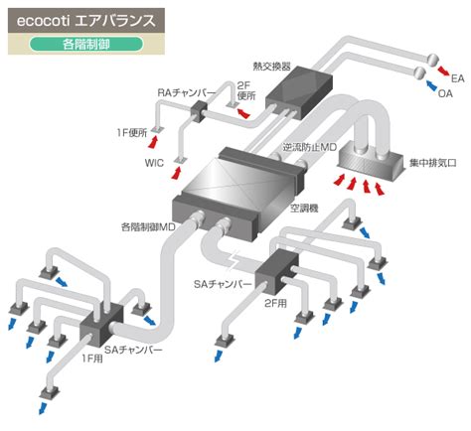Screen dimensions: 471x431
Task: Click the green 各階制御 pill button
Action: pyautogui.click(x=86, y=44)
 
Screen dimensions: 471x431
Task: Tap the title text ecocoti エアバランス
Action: pyautogui.click(x=86, y=21)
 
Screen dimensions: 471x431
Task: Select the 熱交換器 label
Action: pyautogui.click(x=271, y=67)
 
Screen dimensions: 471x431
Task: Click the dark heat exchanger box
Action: pyautogui.click(x=299, y=92)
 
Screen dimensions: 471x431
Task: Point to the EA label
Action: pyautogui.click(x=458, y=78)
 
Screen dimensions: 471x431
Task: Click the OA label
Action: pyautogui.click(x=445, y=93)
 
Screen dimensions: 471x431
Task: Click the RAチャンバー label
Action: pyautogui.click(x=186, y=93)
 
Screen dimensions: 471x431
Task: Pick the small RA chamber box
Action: pyautogui.click(x=199, y=110)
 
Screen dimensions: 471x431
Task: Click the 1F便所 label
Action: pyautogui.click(x=131, y=133)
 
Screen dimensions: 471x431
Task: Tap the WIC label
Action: pyautogui.click(x=154, y=163)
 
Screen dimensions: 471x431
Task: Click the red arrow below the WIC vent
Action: pyautogui.click(x=177, y=173)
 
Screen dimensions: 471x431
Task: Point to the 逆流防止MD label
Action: pyautogui.click(x=310, y=147)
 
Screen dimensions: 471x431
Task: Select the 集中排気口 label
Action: pyautogui.click(x=433, y=163)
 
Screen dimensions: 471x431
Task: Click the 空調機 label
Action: pyautogui.click(x=304, y=209)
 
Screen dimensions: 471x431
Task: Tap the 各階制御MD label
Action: pyautogui.click(x=148, y=227)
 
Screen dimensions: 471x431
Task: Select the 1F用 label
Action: pyautogui.click(x=92, y=359)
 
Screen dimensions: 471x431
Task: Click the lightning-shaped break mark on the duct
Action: pyautogui.click(x=235, y=259)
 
